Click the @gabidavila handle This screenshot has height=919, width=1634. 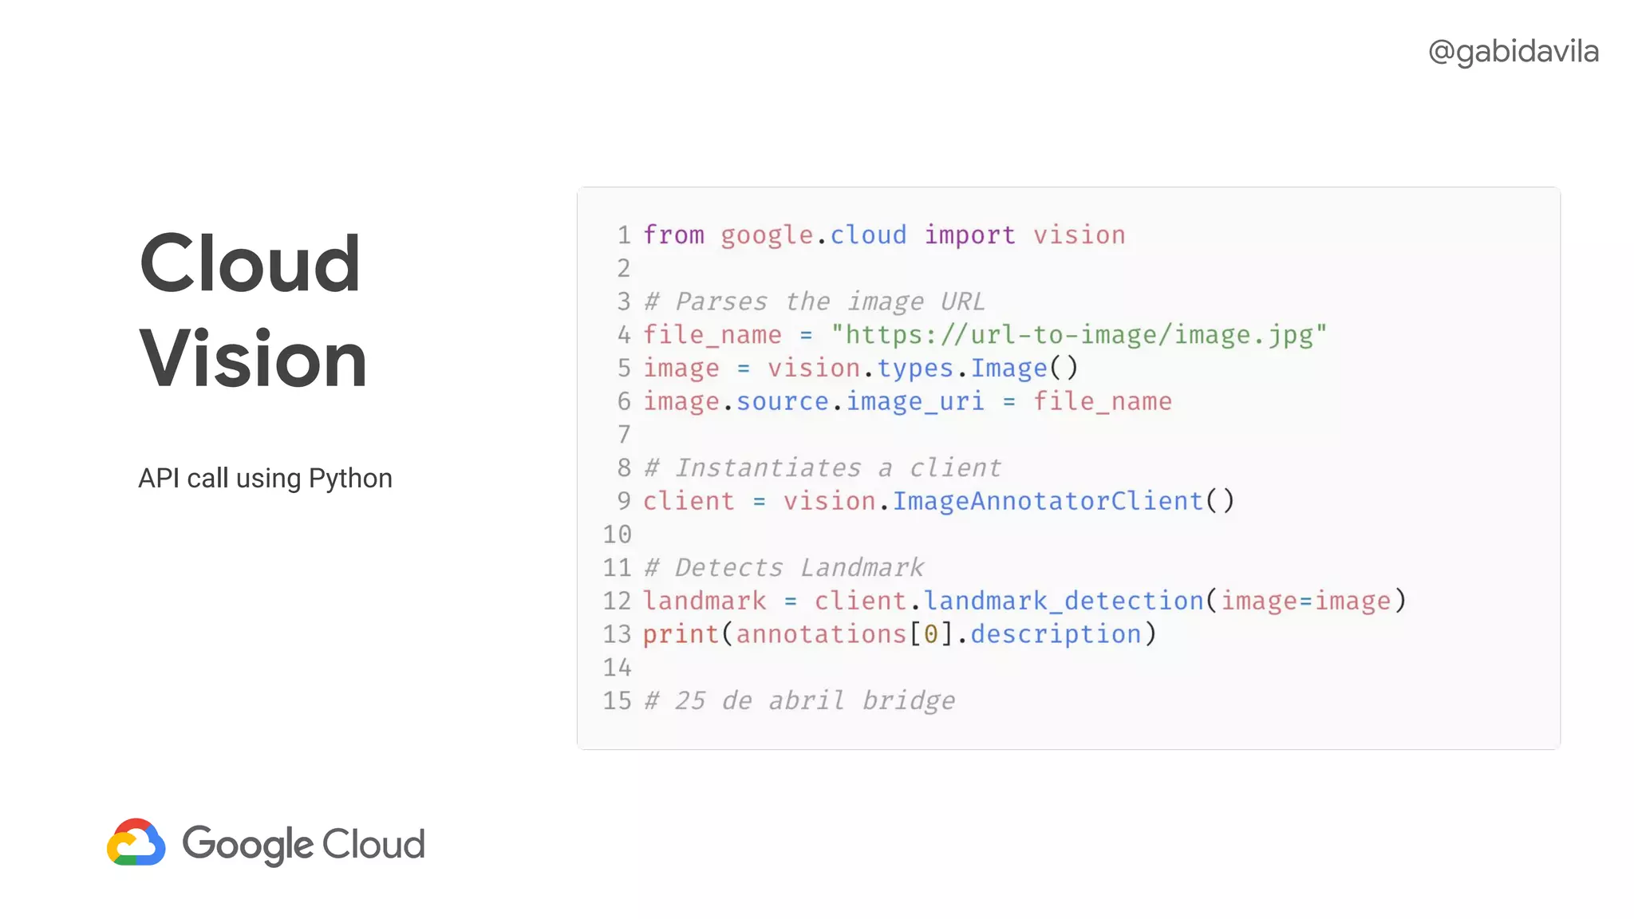click(x=1513, y=52)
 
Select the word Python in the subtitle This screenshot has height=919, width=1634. click(x=350, y=478)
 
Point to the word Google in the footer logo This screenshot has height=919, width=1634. click(x=248, y=844)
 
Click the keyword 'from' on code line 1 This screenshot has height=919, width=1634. click(x=673, y=235)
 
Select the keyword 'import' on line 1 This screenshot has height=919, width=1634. click(x=969, y=235)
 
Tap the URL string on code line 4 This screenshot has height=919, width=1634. click(x=1079, y=334)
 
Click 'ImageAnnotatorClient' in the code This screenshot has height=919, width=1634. click(x=1047, y=500)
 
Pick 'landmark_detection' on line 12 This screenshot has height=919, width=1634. click(x=1064, y=600)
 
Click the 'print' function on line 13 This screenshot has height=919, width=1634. click(x=681, y=633)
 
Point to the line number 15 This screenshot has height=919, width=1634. click(x=617, y=700)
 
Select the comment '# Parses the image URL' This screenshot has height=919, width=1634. click(x=815, y=302)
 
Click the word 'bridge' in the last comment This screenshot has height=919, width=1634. click(x=908, y=700)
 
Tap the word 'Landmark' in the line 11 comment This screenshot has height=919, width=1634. click(x=862, y=567)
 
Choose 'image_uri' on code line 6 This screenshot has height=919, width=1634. click(x=914, y=400)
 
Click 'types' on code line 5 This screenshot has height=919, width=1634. click(x=915, y=368)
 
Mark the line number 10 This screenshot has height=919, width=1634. click(x=617, y=534)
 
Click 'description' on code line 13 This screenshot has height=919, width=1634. click(x=1056, y=633)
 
